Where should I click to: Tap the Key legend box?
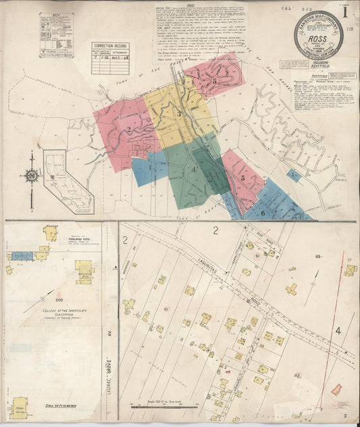pos(56,34)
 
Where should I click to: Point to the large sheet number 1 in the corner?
pos(344,11)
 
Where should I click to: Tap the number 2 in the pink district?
pos(127,130)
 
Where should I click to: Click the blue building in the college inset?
pos(22,256)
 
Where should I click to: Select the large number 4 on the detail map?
pos(338,331)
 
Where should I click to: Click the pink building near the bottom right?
pos(336,390)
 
